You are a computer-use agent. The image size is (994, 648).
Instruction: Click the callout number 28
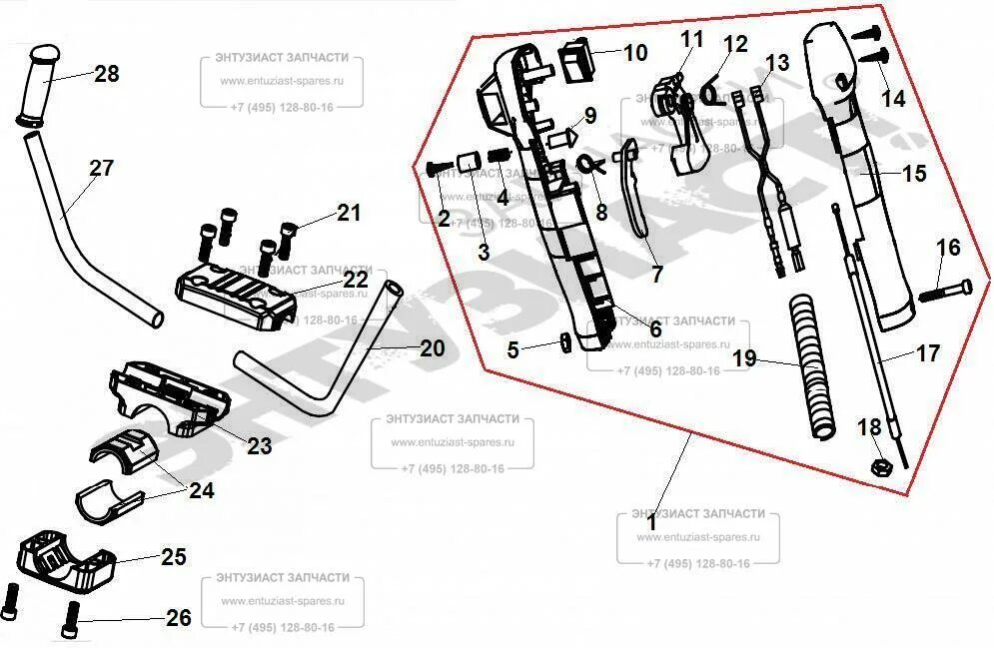(106, 74)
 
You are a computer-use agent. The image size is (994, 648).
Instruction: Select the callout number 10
(635, 53)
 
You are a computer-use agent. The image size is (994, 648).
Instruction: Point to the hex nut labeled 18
(882, 465)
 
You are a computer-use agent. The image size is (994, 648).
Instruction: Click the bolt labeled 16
(942, 292)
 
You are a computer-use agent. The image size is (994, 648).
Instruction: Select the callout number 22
(357, 281)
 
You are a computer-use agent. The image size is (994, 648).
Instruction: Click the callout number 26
(178, 619)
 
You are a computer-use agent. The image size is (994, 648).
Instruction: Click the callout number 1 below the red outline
(651, 521)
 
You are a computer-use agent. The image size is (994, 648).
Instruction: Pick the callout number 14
(893, 98)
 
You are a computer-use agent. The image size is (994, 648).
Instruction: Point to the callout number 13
(776, 63)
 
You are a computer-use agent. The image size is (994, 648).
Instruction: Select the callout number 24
(201, 490)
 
